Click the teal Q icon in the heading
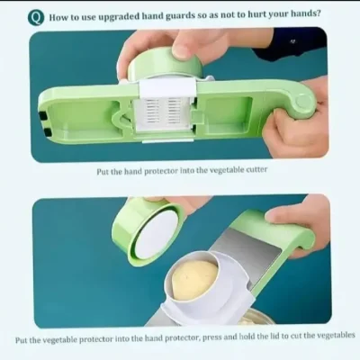36,18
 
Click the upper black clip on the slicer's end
43,116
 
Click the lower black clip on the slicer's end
47,132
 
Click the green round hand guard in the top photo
164,65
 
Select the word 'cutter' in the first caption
256,169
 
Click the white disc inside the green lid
157,235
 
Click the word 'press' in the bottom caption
212,337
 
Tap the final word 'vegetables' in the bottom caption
337,335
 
